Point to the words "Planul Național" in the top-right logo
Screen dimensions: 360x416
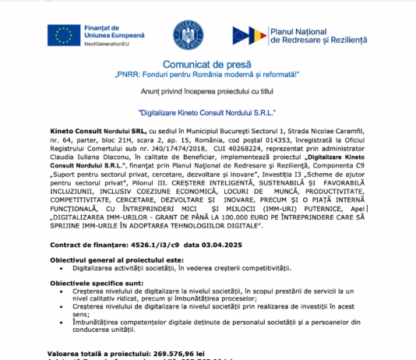301,30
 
